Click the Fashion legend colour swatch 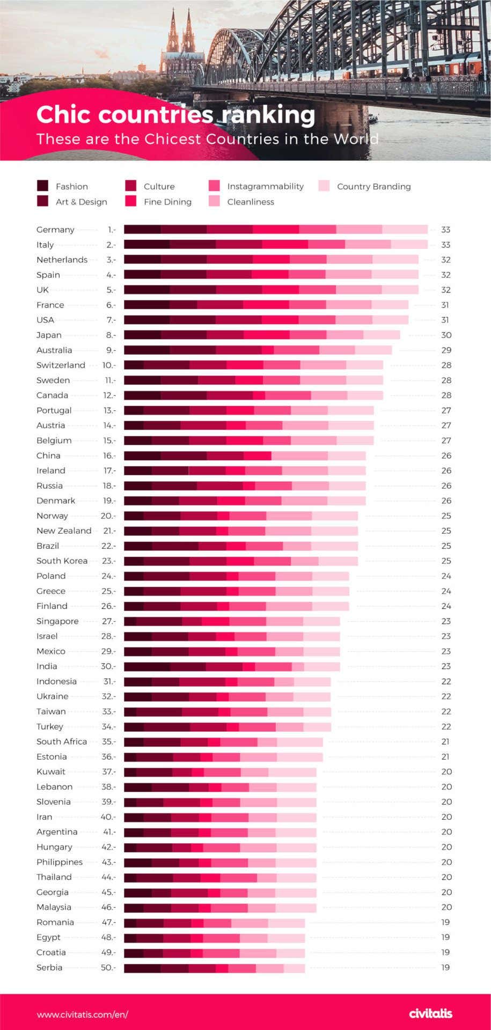point(42,186)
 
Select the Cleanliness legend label point(250,202)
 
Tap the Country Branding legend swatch point(324,186)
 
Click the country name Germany point(55,230)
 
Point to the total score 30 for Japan point(445,335)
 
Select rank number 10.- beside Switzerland point(109,365)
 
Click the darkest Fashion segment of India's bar point(146,666)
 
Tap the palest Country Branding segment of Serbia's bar point(294,968)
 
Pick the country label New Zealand point(64,531)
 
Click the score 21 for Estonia point(445,756)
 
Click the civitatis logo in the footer point(430,1013)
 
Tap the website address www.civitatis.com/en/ point(82,1014)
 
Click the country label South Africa point(61,741)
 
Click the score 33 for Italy point(445,245)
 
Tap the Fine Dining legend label point(167,202)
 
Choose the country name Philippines point(60,862)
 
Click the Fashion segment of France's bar point(146,305)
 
